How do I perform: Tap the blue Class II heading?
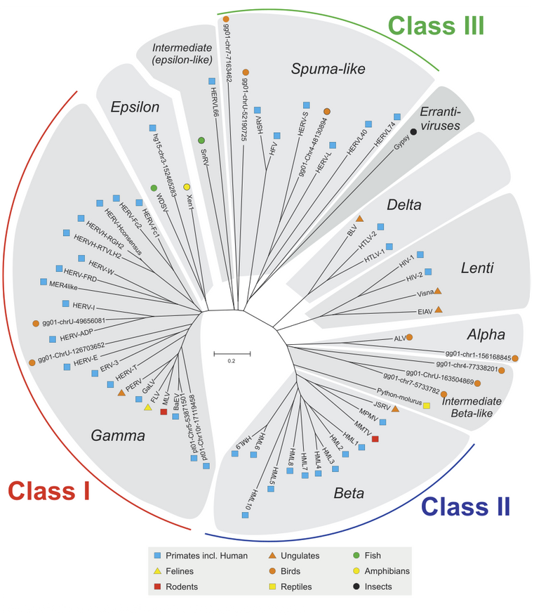(466, 506)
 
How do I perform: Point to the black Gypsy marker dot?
(413, 133)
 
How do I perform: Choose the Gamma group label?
(117, 435)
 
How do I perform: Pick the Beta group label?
(349, 493)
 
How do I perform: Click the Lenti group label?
(477, 268)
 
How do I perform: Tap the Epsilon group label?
(135, 107)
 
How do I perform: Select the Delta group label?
(403, 205)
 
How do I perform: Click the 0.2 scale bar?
(231, 350)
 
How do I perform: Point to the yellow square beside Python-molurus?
(426, 395)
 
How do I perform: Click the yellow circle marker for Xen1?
(187, 186)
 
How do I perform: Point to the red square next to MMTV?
(375, 439)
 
